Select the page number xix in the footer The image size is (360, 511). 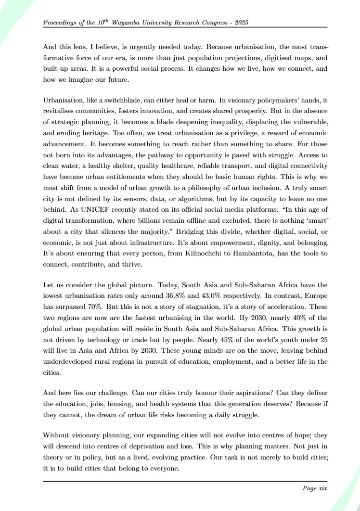[321, 488]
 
